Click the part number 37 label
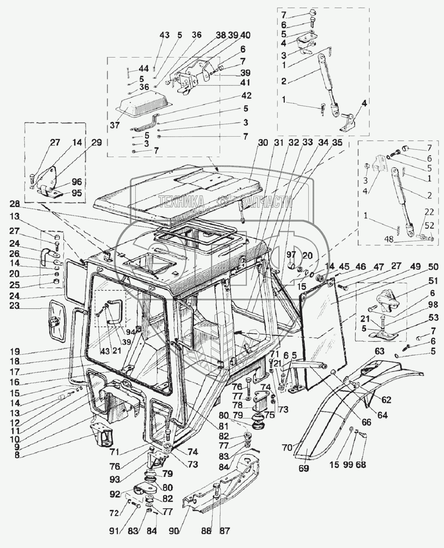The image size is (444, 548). (115, 125)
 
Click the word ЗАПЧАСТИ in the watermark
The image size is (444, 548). (266, 201)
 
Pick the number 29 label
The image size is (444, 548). (97, 142)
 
